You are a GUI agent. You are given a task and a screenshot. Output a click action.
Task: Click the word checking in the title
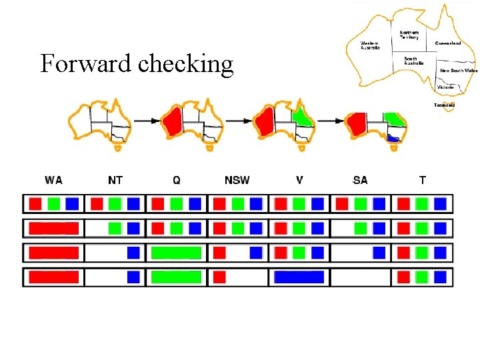(x=185, y=65)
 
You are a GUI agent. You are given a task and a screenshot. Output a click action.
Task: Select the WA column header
(x=54, y=180)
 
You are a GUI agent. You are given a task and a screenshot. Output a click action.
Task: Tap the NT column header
(x=115, y=180)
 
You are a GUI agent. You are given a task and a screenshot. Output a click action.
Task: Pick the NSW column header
(x=237, y=180)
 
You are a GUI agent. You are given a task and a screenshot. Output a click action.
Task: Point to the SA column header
(x=360, y=180)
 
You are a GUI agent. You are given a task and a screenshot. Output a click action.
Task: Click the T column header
(x=423, y=180)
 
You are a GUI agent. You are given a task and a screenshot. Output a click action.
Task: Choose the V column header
(x=299, y=180)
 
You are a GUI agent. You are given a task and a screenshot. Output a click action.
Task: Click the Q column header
(x=176, y=180)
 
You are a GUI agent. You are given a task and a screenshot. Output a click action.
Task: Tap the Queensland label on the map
(x=448, y=43)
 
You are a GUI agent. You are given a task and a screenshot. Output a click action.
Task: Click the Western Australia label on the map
(x=370, y=45)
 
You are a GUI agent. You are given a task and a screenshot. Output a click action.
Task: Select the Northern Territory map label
(x=409, y=35)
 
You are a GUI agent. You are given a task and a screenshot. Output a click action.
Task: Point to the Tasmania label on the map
(x=445, y=105)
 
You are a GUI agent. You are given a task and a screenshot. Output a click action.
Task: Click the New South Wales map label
(x=459, y=70)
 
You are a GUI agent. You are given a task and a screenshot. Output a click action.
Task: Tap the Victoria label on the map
(x=445, y=87)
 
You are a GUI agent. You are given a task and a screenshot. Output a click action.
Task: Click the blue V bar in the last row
(x=299, y=277)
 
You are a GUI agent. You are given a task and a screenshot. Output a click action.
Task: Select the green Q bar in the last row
(x=176, y=277)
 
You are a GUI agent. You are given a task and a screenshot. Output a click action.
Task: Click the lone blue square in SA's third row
(x=379, y=253)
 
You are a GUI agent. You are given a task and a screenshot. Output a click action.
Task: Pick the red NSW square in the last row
(x=219, y=277)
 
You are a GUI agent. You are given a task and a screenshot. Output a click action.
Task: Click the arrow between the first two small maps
(x=149, y=121)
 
